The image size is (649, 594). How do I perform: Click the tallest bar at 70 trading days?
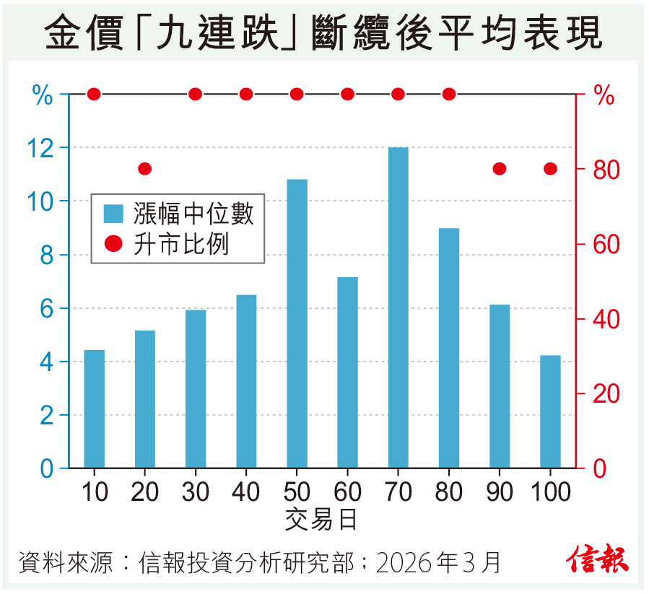click(x=398, y=307)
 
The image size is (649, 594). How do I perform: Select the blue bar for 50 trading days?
click(x=297, y=323)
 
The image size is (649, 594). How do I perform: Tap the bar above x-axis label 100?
click(x=550, y=411)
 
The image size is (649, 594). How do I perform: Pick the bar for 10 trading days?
click(x=94, y=409)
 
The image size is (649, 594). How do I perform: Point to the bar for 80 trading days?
click(x=448, y=348)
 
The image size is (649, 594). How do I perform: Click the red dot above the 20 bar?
click(x=144, y=169)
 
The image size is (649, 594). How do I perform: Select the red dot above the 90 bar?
click(x=500, y=169)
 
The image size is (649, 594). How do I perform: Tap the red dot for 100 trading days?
click(x=550, y=169)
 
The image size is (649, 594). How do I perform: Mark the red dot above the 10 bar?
click(x=94, y=94)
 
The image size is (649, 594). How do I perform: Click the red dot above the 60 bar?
click(x=347, y=94)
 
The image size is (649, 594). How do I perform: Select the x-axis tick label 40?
click(x=246, y=492)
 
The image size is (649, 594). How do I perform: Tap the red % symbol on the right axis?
click(x=604, y=95)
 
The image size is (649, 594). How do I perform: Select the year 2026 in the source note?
click(x=406, y=562)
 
